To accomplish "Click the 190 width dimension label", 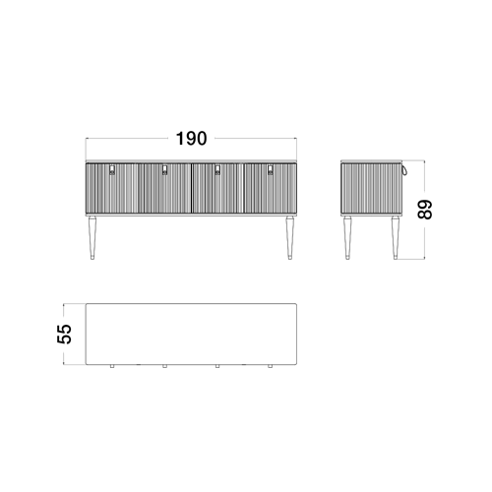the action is pyautogui.click(x=192, y=139).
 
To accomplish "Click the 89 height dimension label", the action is pyautogui.click(x=425, y=210).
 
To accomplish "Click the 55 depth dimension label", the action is pyautogui.click(x=64, y=334).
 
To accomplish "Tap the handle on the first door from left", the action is pyautogui.click(x=112, y=170).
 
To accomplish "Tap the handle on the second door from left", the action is pyautogui.click(x=164, y=170).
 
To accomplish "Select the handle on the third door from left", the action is pyautogui.click(x=217, y=170).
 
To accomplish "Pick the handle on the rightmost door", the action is pyautogui.click(x=271, y=170).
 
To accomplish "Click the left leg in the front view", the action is pyautogui.click(x=92, y=238).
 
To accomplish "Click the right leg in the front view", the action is pyautogui.click(x=289, y=238).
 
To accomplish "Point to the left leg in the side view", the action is pyautogui.click(x=347, y=238).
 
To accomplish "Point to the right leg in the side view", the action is pyautogui.click(x=396, y=238).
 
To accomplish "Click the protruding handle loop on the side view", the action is pyautogui.click(x=404, y=169).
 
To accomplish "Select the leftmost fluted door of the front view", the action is pyautogui.click(x=112, y=189).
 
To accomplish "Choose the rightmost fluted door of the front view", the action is pyautogui.click(x=271, y=189).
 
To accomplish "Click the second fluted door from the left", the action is pyautogui.click(x=164, y=189).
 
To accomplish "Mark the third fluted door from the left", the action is pyautogui.click(x=217, y=189).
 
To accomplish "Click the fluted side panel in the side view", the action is pyautogui.click(x=371, y=189).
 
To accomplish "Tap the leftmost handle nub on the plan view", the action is pyautogui.click(x=112, y=366).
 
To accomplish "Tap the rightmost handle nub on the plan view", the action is pyautogui.click(x=271, y=366).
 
